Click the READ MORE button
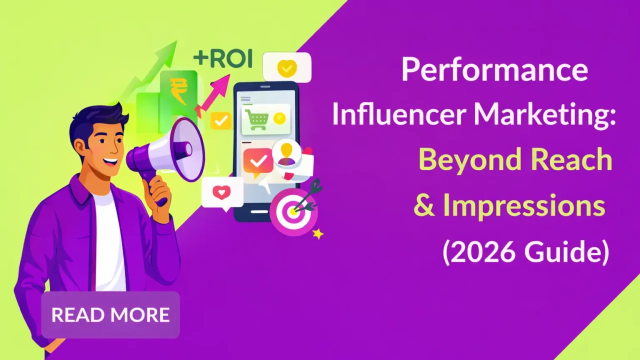tap(110, 315)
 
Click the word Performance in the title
tap(494, 70)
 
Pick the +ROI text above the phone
tap(222, 58)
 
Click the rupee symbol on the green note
tap(178, 90)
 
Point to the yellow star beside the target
tap(317, 233)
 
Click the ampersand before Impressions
tap(424, 206)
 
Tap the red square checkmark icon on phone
tap(258, 161)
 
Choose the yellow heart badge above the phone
tap(287, 67)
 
